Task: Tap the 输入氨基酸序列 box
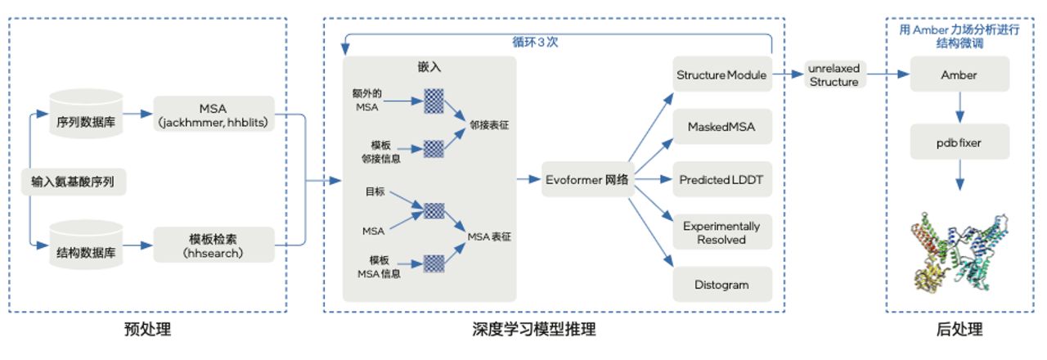tap(74, 181)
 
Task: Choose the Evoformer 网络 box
tap(586, 179)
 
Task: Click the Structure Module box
tap(721, 75)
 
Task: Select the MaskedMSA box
tap(721, 128)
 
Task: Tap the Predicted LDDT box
tap(721, 179)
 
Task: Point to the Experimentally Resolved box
tap(721, 232)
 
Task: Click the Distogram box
tap(721, 285)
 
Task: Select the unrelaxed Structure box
tap(834, 75)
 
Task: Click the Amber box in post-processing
tap(959, 75)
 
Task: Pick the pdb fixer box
tap(959, 142)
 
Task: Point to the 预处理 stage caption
tap(147, 330)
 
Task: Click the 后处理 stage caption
tap(959, 330)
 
